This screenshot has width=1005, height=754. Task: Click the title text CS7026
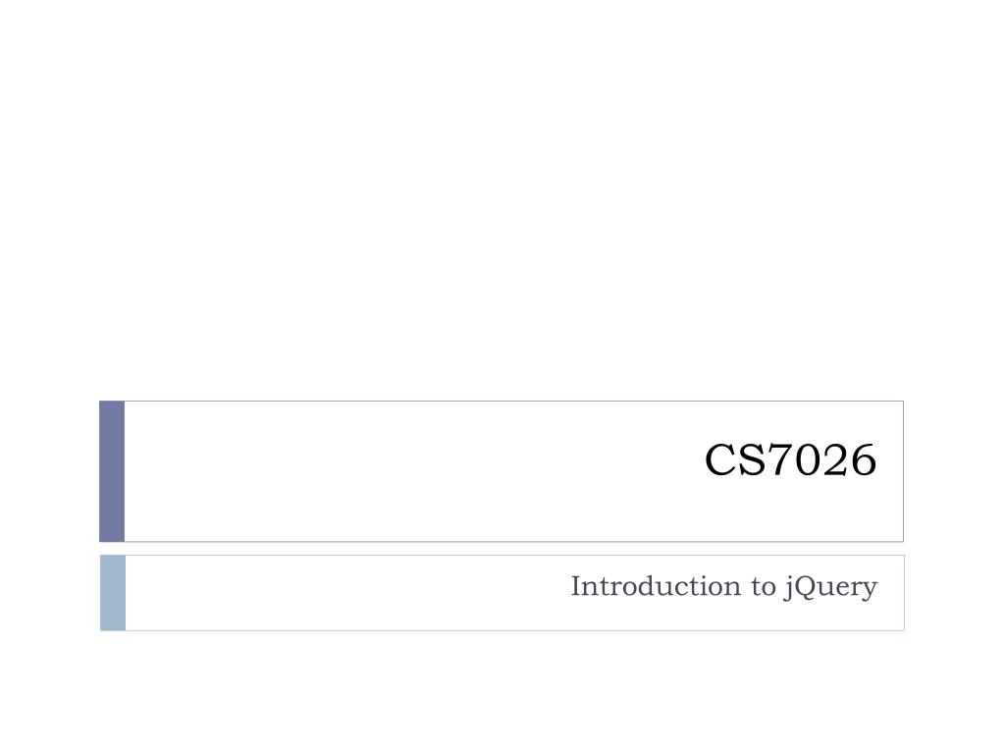pos(789,460)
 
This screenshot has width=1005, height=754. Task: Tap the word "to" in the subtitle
pos(764,587)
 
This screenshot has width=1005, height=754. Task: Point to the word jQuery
pos(830,587)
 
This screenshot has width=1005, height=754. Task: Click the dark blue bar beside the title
pos(112,471)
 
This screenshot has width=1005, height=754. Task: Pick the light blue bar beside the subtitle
pos(113,592)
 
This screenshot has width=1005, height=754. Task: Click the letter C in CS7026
pos(719,460)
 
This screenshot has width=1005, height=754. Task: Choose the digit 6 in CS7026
pos(860,460)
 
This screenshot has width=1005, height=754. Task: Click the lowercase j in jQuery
pos(788,588)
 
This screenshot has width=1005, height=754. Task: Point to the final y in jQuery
pos(869,590)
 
